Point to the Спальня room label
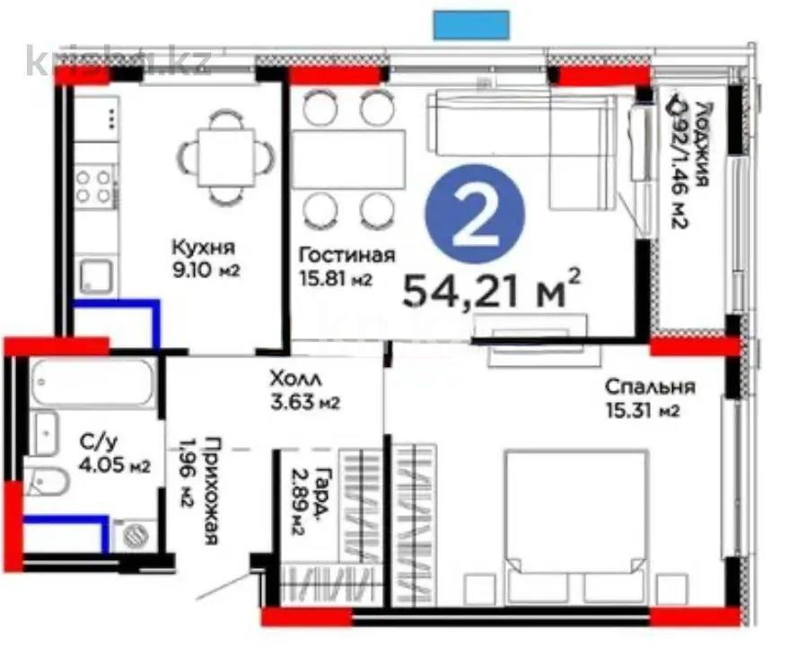(x=650, y=388)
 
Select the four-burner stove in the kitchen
(x=94, y=187)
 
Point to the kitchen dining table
(x=223, y=155)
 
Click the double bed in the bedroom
(x=574, y=525)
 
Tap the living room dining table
(x=348, y=159)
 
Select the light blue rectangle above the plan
(x=471, y=24)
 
